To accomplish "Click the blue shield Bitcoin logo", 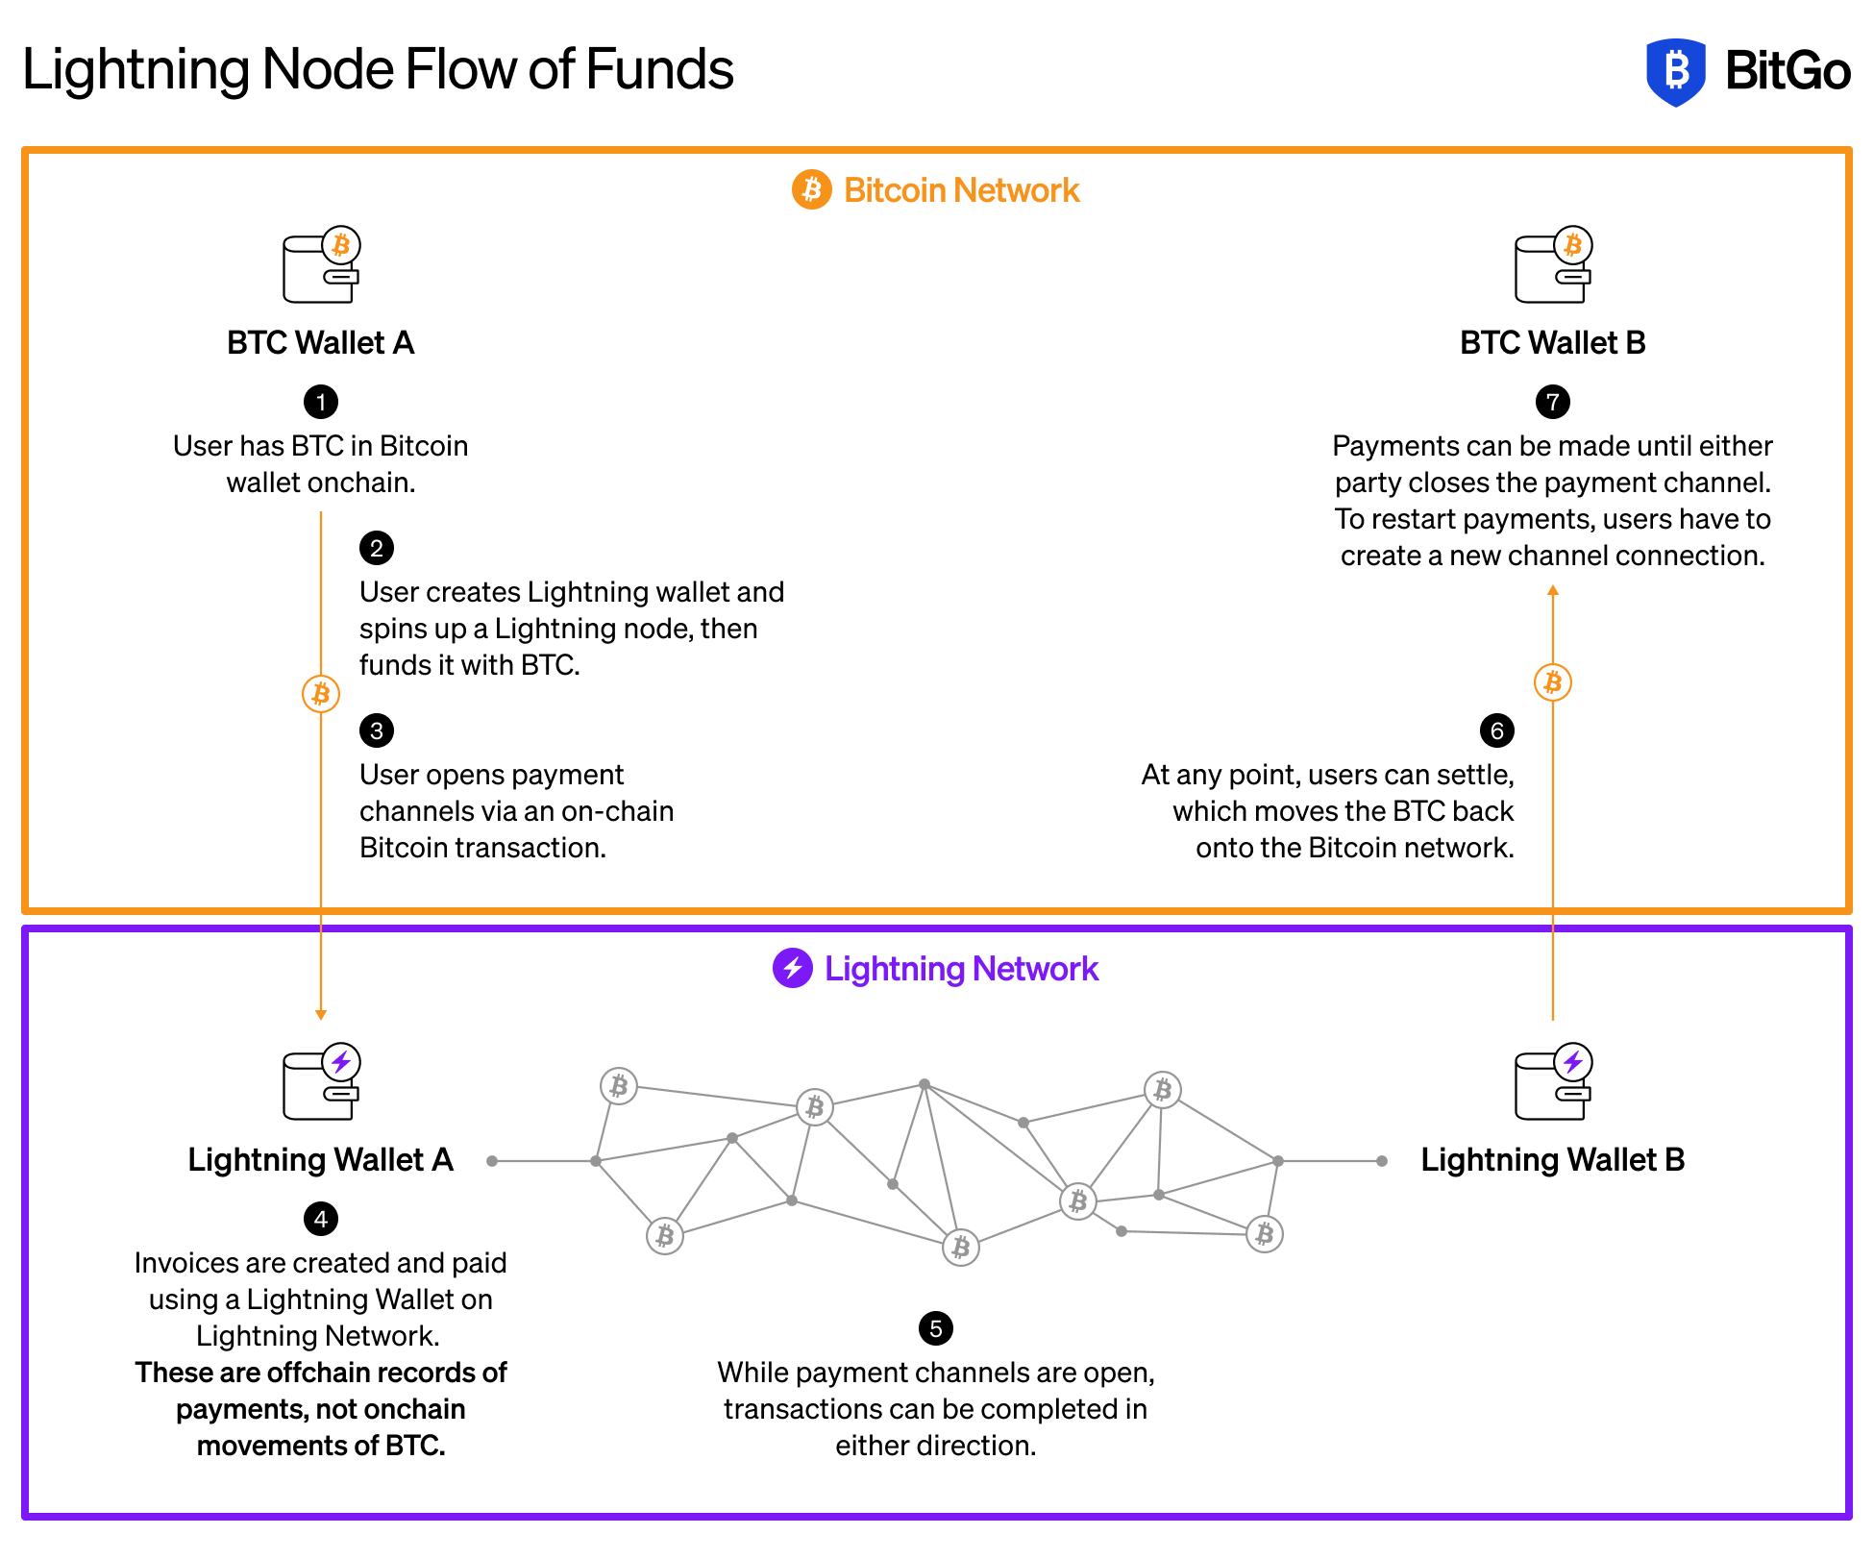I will [x=1675, y=72].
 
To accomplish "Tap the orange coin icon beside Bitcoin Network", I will [x=811, y=189].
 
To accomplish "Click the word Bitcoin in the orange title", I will [x=894, y=190].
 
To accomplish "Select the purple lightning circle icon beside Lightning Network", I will [x=793, y=968].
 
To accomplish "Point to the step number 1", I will [x=321, y=403].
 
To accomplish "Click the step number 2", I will [x=377, y=549].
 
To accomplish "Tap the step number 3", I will [x=377, y=731].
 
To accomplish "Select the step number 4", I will [x=321, y=1220].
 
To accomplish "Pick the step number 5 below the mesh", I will [x=936, y=1329].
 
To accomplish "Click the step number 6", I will [x=1497, y=731].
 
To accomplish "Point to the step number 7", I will [x=1553, y=403].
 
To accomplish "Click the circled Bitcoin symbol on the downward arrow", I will [x=321, y=694].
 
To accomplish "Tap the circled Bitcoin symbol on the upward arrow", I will [x=1553, y=682].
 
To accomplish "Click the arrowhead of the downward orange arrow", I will [x=321, y=1015].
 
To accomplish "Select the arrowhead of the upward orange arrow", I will [x=1553, y=590].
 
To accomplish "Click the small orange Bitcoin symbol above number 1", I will [x=340, y=245].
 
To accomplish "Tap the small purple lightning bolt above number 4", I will [x=341, y=1062].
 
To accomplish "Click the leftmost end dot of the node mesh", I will [x=492, y=1161].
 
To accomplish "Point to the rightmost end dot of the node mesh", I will [x=1382, y=1161].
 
